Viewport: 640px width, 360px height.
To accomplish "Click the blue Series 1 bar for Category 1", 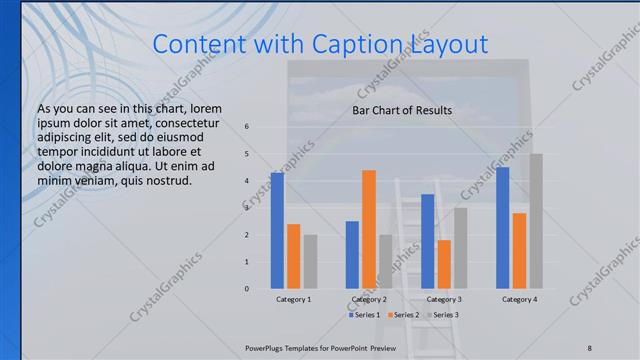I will (x=277, y=231).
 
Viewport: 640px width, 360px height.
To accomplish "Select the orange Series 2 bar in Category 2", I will (x=369, y=229).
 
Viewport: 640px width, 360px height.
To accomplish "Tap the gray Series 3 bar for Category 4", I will (x=536, y=221).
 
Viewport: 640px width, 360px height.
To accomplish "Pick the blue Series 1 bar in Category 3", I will (x=427, y=241).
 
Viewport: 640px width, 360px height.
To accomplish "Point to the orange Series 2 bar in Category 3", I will (x=444, y=264).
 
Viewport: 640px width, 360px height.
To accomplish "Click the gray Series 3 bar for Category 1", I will (x=310, y=262).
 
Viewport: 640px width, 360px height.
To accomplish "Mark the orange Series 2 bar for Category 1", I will (x=293, y=256).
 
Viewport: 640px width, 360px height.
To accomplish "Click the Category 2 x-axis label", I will (x=369, y=299).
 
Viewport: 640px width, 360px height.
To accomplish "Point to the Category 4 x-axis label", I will (x=519, y=299).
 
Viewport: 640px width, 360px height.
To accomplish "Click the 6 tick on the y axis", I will (x=247, y=127).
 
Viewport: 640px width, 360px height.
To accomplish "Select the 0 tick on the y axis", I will (x=247, y=289).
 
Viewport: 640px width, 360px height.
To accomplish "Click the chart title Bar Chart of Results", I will (x=402, y=110).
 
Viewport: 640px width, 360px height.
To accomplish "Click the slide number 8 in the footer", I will (x=589, y=347).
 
